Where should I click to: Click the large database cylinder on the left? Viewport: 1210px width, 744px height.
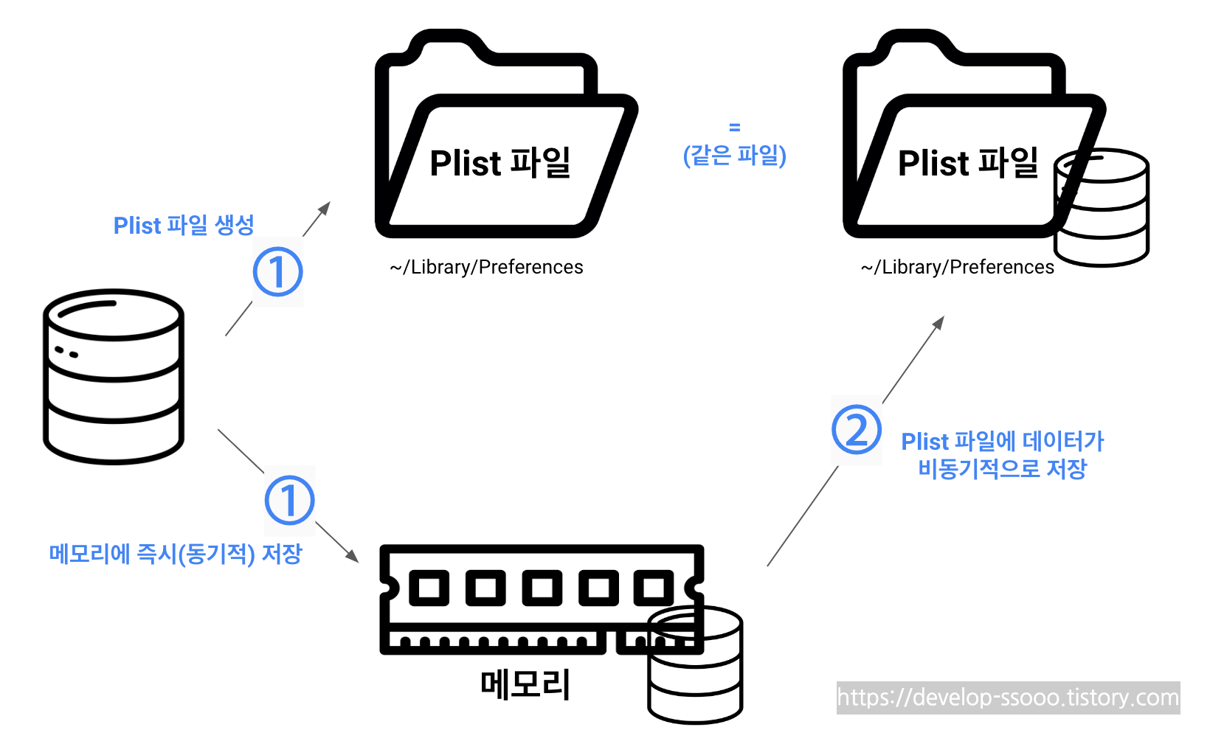[x=113, y=376]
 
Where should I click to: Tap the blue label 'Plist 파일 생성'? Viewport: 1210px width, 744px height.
[x=184, y=225]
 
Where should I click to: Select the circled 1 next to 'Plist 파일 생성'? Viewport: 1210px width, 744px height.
[x=277, y=272]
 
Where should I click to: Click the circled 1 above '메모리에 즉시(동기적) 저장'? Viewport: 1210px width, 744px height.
[x=289, y=501]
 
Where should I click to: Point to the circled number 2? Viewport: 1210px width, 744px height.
[x=856, y=430]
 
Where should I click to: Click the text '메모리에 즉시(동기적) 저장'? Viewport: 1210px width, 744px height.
[x=176, y=554]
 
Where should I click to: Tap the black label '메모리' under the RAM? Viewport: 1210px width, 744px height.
[x=525, y=685]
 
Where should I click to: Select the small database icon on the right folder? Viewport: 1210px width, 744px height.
[x=1102, y=208]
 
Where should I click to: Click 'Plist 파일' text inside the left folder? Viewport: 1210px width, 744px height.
[x=499, y=163]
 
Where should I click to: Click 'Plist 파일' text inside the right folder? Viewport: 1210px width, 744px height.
[x=967, y=163]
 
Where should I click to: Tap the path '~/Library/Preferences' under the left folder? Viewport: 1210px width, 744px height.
[x=486, y=267]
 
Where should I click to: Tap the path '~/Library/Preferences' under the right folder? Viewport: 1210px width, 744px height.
[x=957, y=267]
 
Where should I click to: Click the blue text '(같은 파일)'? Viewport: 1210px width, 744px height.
[x=734, y=156]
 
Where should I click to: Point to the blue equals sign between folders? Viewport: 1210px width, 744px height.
[x=734, y=128]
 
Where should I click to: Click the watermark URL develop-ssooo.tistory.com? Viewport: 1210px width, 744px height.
[x=1008, y=698]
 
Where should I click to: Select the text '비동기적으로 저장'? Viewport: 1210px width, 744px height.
[x=1002, y=469]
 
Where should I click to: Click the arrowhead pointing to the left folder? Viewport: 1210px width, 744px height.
[x=325, y=207]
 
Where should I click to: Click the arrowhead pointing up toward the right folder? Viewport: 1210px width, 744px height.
[x=938, y=322]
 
